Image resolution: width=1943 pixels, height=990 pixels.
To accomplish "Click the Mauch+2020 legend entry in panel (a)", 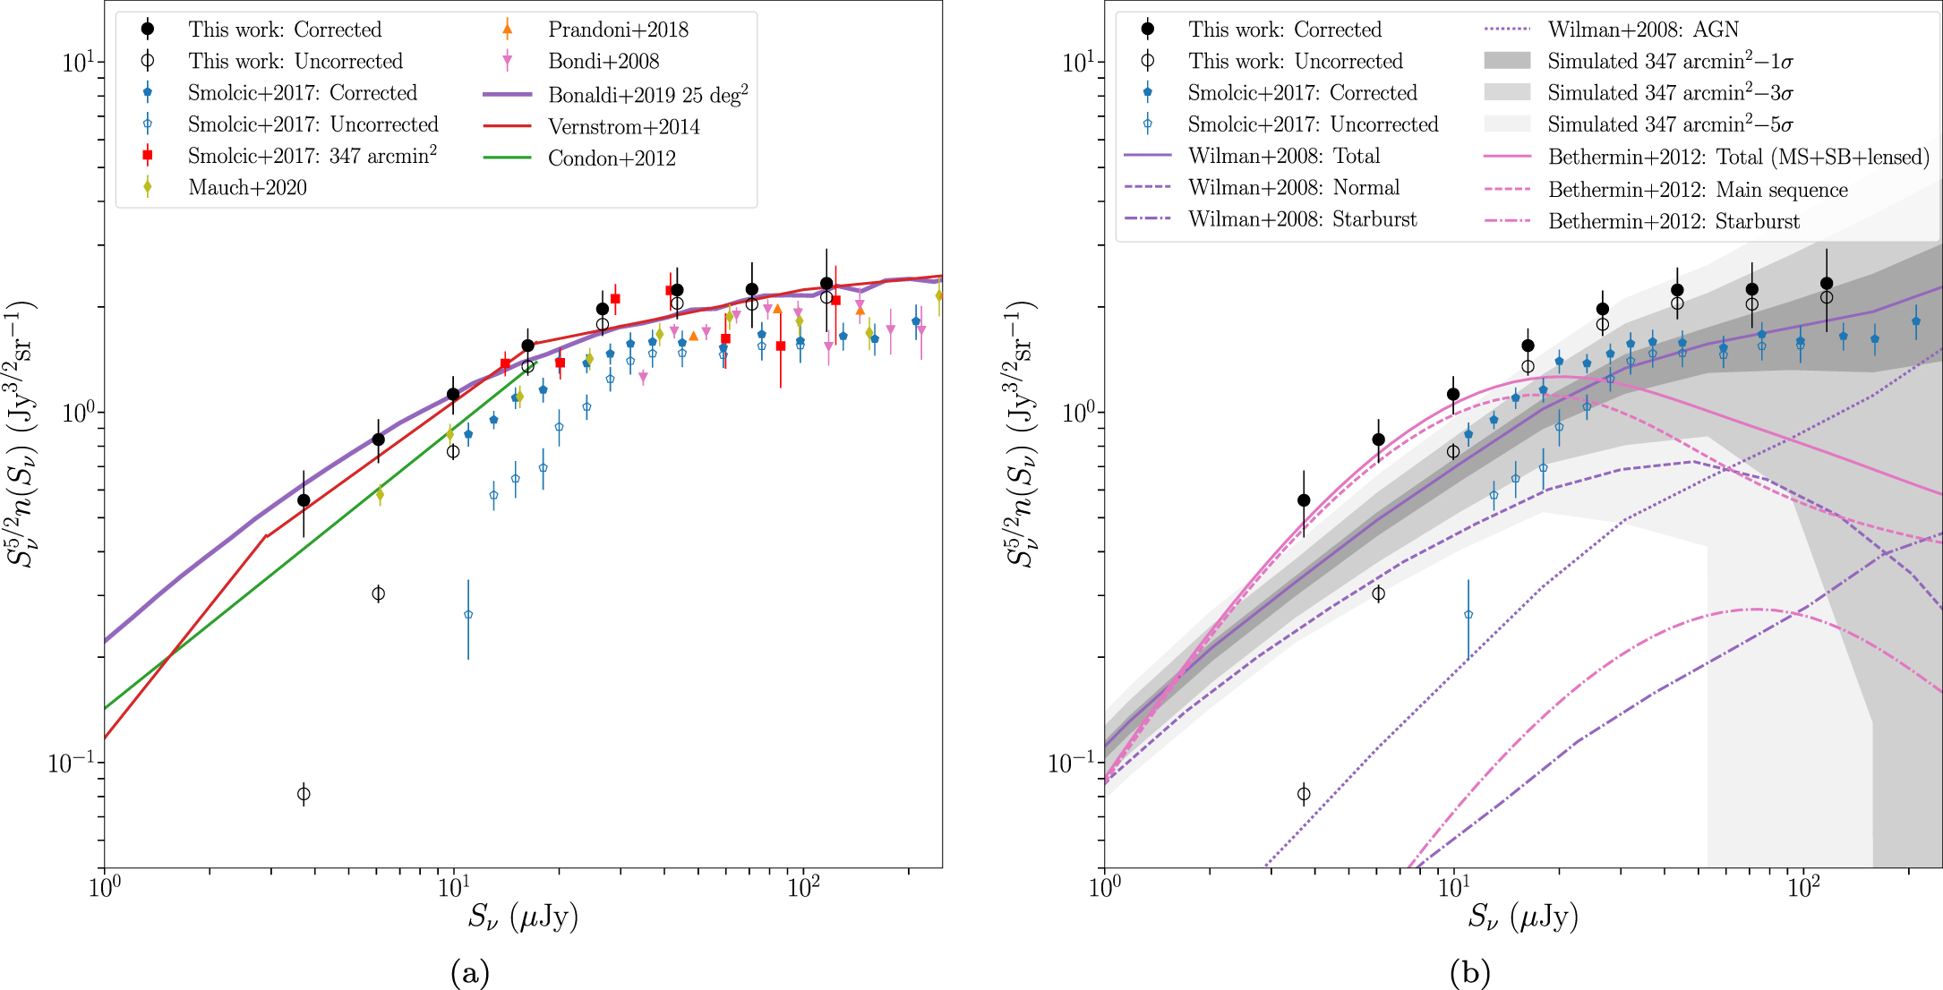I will click(x=247, y=188).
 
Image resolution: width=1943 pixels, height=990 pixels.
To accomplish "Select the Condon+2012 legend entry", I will click(x=612, y=158).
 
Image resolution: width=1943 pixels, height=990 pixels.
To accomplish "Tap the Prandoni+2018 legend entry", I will click(x=618, y=30).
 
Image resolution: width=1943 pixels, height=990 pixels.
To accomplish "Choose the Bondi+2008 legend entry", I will click(x=603, y=62).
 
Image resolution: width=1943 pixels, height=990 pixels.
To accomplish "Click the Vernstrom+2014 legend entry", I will click(x=623, y=127).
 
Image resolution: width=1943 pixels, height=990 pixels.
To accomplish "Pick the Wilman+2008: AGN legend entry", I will click(x=1643, y=30).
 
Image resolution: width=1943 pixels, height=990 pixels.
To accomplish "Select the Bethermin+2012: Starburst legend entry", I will click(x=1673, y=222).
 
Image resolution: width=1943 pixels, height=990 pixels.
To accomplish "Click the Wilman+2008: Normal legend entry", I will click(x=1294, y=188).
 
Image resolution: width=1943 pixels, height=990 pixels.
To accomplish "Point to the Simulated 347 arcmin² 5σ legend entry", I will click(x=1670, y=124).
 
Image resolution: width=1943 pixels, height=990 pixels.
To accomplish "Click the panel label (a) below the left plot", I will click(x=470, y=972).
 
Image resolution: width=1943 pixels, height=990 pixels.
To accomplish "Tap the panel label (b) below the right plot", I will click(x=1470, y=972).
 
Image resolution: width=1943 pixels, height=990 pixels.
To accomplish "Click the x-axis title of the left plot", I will click(x=523, y=917).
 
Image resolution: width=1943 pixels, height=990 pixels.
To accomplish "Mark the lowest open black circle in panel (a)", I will click(x=304, y=794).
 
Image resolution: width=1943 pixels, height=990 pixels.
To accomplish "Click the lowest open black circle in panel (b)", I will click(x=1304, y=794).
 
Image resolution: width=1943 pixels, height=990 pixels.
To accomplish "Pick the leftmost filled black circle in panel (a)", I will click(x=304, y=500).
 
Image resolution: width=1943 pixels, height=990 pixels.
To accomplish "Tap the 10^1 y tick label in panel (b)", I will click(x=1077, y=63).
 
